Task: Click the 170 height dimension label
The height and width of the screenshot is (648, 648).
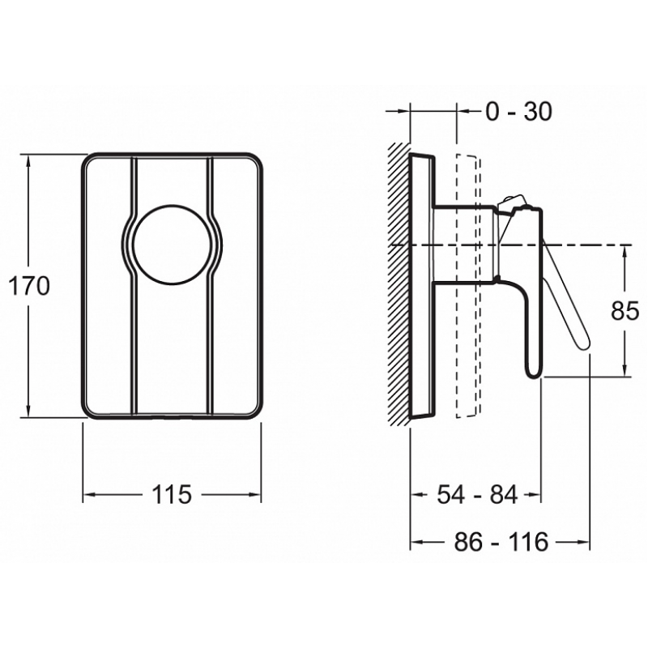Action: click(x=28, y=286)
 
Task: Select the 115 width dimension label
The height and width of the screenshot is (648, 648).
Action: click(x=172, y=494)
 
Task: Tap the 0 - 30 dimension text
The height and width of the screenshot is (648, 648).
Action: click(x=518, y=111)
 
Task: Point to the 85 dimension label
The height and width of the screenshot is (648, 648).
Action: click(x=625, y=311)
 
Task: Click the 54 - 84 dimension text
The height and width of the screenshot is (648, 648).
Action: click(x=477, y=494)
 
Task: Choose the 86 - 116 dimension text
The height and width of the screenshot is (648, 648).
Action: click(x=501, y=541)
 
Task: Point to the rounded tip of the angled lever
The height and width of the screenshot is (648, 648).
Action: click(x=584, y=343)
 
